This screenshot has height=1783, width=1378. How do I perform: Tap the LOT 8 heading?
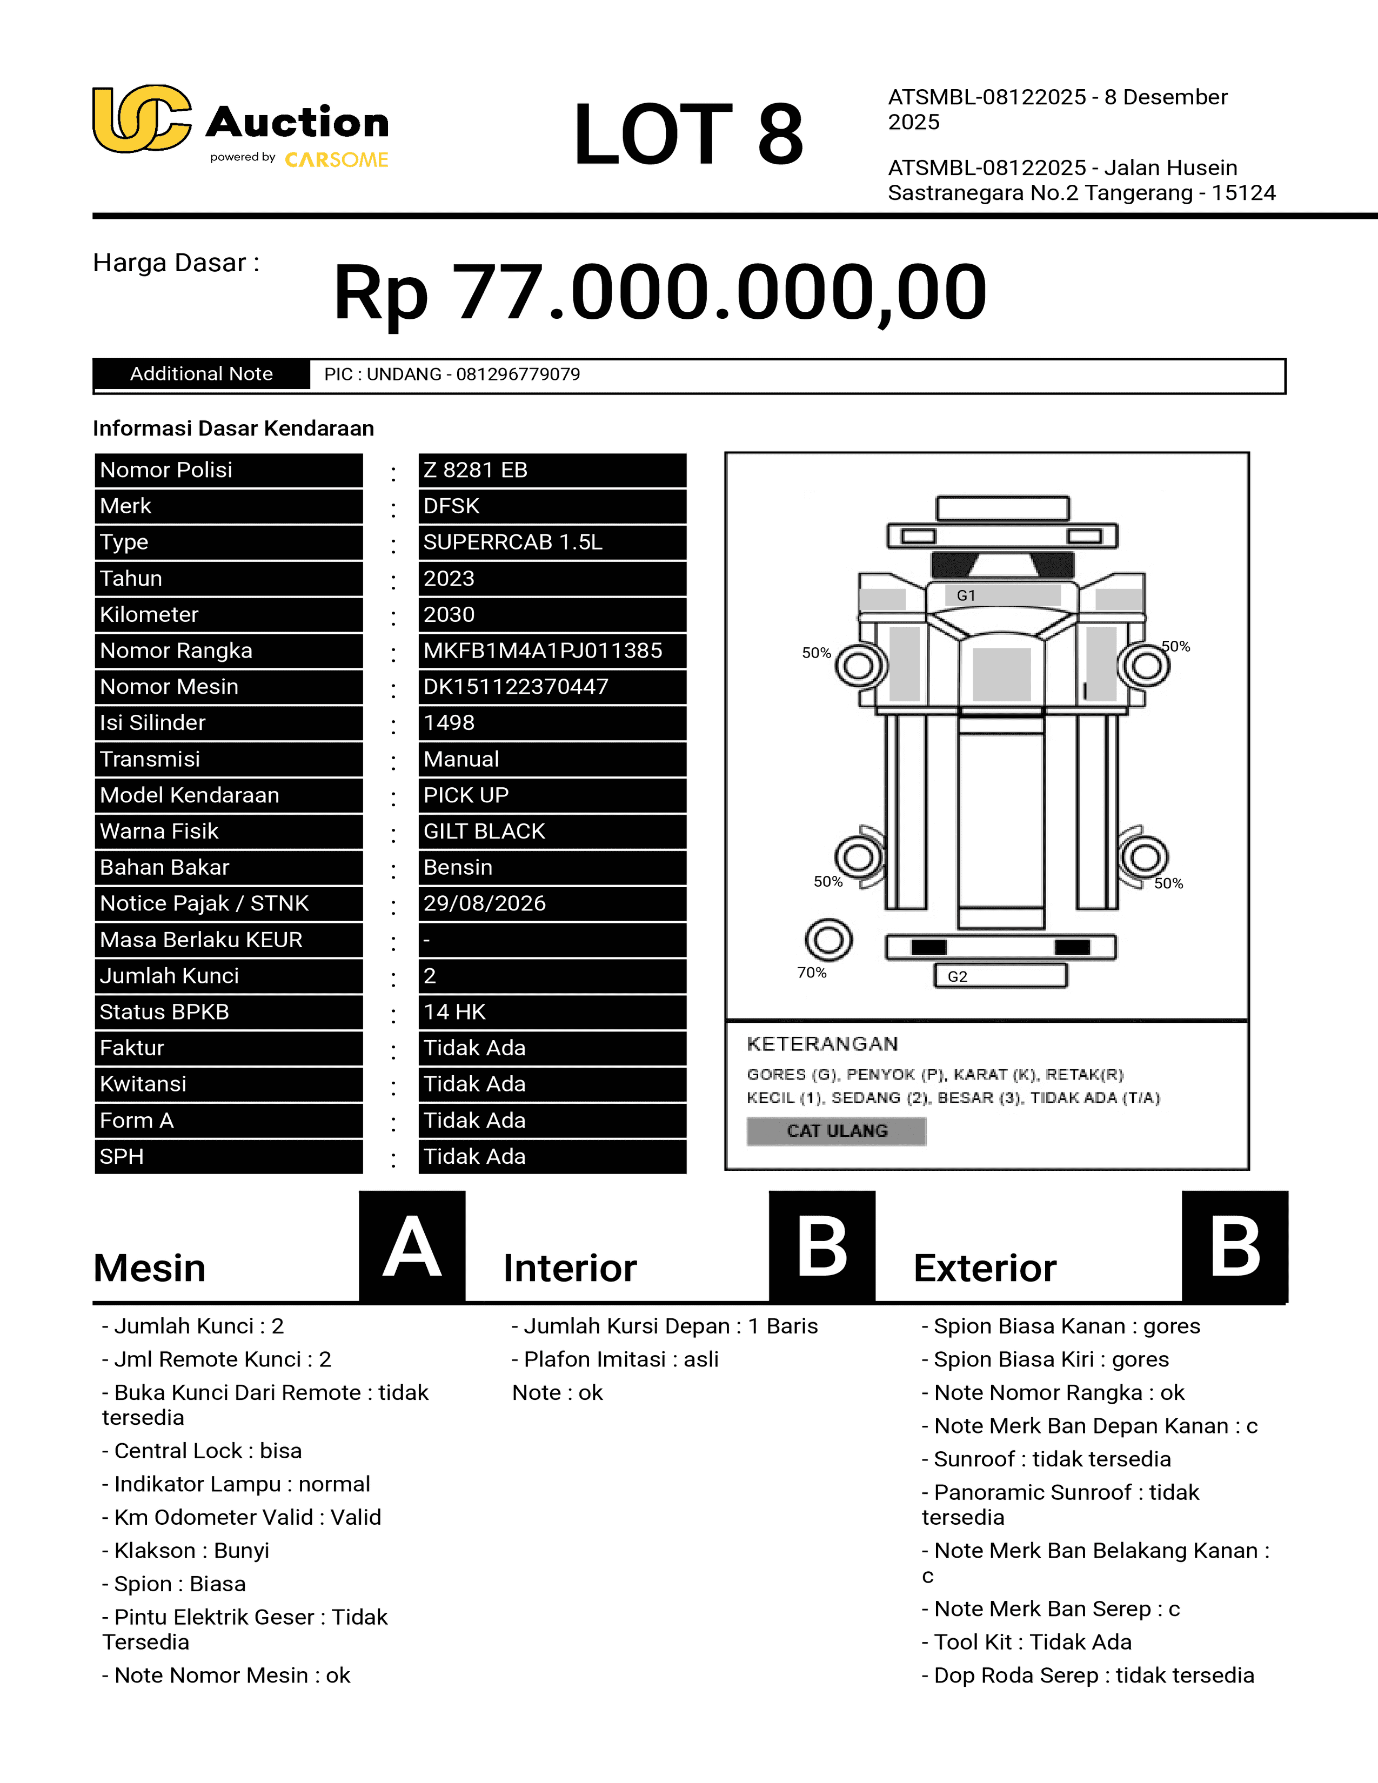(688, 134)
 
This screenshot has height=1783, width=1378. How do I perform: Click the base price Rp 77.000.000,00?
(660, 292)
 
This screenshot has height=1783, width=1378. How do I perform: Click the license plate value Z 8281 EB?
(475, 470)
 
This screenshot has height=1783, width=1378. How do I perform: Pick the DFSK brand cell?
(451, 506)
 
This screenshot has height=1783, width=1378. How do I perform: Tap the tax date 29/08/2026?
(485, 904)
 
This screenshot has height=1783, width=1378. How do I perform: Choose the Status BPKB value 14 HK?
(454, 1013)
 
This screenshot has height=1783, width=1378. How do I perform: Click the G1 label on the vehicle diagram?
(966, 596)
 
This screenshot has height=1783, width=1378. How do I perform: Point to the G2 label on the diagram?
(958, 976)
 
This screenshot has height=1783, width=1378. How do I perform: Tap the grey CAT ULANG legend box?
(837, 1131)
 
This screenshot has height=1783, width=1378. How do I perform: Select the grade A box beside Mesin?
(412, 1246)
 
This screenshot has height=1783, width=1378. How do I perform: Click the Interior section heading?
(570, 1269)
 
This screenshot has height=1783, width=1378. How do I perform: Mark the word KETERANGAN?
(822, 1044)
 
